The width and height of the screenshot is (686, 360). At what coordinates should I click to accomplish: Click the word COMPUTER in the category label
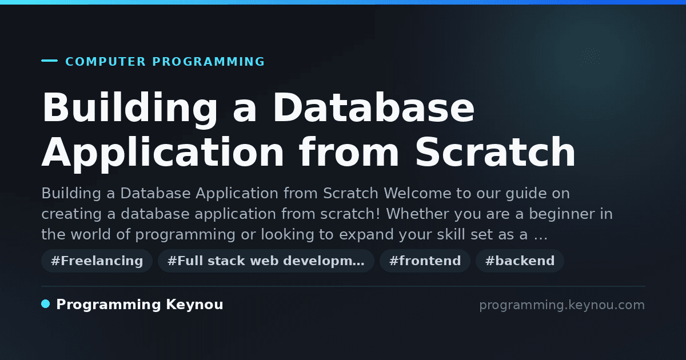(x=106, y=62)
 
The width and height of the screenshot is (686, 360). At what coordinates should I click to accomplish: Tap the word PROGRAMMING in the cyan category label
(x=209, y=62)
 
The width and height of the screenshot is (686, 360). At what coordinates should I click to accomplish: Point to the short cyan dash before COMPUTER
(x=49, y=61)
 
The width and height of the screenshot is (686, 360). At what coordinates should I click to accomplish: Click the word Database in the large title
(x=374, y=108)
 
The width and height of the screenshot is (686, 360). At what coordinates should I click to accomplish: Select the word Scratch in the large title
(x=495, y=152)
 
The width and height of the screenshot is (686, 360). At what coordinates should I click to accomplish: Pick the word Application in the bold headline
(x=163, y=155)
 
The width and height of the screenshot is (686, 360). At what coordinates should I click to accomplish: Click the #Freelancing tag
(x=97, y=261)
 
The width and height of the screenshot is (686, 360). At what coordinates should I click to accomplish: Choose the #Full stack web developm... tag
(x=266, y=261)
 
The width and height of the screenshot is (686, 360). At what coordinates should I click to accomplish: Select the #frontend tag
(x=425, y=261)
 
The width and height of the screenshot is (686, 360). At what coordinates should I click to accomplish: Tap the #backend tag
(x=520, y=261)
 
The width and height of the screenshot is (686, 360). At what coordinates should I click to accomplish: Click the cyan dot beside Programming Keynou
(x=46, y=304)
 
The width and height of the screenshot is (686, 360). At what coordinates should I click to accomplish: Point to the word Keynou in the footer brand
(x=194, y=305)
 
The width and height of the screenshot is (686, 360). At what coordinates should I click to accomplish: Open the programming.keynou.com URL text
(x=562, y=305)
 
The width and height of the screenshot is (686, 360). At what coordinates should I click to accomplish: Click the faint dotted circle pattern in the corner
(x=590, y=57)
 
